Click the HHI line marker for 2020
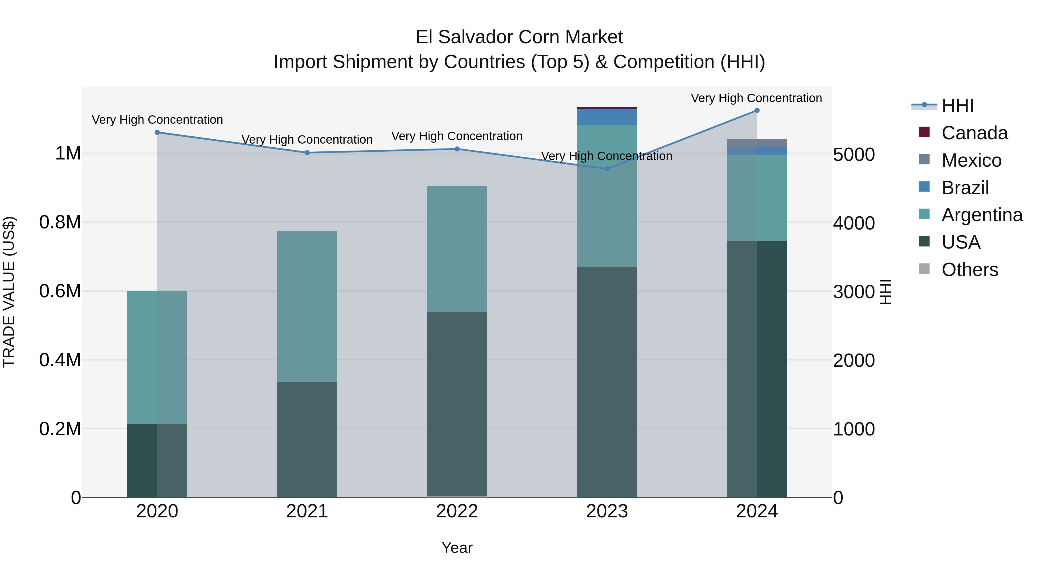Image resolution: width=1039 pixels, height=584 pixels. pos(157,132)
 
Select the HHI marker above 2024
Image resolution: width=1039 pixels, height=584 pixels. pos(757,110)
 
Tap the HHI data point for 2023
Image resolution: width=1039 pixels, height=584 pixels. pos(607,169)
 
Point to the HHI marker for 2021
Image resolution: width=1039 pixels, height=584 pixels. pos(307,153)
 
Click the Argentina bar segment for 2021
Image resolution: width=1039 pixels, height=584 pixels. pos(307,306)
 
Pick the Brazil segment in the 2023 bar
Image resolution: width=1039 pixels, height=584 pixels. pos(607,117)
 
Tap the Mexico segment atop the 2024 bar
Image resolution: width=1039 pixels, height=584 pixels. pos(757,143)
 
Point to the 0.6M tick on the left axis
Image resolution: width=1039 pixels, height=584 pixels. pos(60,291)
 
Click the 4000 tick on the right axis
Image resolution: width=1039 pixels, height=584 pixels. pos(854,223)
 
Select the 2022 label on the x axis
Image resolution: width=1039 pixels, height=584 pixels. pos(457,511)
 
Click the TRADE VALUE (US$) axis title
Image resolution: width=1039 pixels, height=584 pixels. pos(9,292)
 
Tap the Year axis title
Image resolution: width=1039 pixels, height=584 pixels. pos(457,548)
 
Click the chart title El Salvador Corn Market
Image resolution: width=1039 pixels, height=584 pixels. pos(519,37)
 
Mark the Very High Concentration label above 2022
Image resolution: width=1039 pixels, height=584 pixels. pos(457,136)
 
